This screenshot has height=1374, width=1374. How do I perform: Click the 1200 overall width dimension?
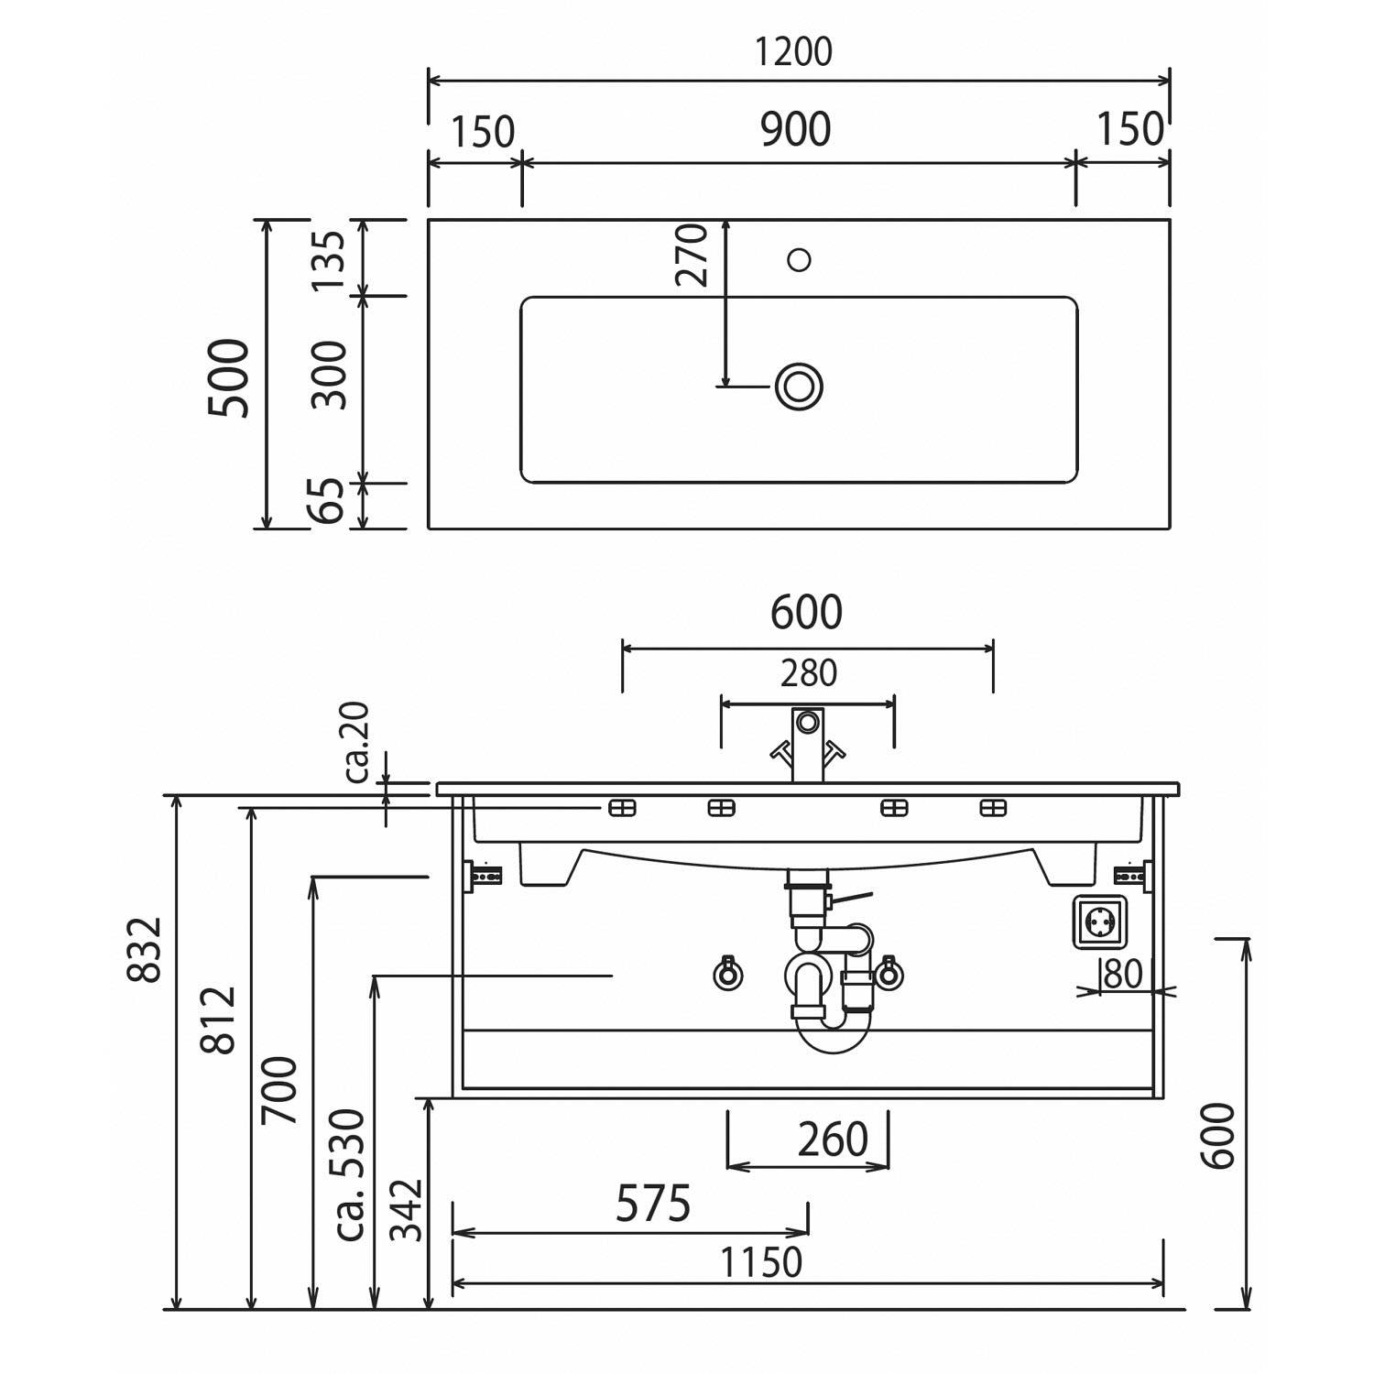(794, 52)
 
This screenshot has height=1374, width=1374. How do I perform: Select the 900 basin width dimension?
(796, 130)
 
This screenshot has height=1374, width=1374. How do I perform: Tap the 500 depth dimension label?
(229, 377)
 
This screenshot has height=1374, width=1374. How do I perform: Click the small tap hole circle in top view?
(799, 260)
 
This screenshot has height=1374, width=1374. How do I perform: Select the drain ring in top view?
(799, 386)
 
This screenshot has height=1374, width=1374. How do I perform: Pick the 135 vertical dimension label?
(328, 259)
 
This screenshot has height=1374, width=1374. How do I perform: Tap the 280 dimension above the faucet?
(808, 674)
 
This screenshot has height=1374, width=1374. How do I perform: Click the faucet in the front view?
(807, 745)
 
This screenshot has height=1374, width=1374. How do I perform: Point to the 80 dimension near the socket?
(1123, 973)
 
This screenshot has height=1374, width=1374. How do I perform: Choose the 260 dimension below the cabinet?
(833, 1140)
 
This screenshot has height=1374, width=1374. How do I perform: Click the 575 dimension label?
(652, 1204)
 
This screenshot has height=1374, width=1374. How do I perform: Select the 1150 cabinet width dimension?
(761, 1262)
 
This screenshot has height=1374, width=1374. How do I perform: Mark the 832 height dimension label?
(145, 949)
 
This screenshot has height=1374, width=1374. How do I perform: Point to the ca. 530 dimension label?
(350, 1174)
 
